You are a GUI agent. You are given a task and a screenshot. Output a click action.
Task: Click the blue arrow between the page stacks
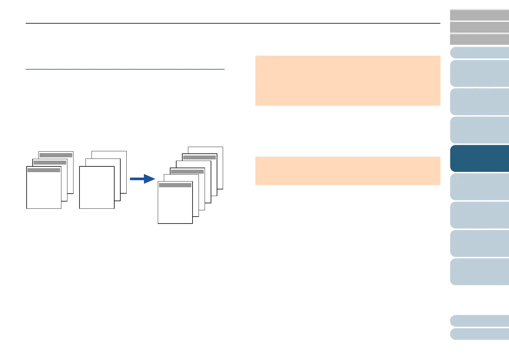(142, 179)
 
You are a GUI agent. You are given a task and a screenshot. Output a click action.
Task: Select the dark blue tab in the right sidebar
(479, 159)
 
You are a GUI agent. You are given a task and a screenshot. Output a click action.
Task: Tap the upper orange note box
(348, 80)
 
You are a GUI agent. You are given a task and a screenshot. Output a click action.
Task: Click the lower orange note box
(348, 171)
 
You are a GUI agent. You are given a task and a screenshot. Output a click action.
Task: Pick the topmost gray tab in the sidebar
(479, 15)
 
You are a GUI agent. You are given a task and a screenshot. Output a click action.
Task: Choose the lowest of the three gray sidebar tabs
(479, 39)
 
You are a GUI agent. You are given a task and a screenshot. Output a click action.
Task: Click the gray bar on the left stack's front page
(44, 170)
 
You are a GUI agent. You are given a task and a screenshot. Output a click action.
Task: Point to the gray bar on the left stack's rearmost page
(56, 155)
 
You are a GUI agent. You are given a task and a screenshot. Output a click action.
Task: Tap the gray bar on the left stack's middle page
(50, 163)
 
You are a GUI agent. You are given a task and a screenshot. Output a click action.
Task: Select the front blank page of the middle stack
(97, 188)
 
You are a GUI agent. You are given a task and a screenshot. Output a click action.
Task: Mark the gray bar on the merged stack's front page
(175, 185)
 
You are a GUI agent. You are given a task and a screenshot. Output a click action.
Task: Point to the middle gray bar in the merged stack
(187, 172)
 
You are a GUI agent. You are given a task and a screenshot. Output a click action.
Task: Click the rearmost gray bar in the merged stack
(199, 157)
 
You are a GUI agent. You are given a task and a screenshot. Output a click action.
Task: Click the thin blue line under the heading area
(125, 69)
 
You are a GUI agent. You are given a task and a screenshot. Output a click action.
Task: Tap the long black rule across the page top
(233, 23)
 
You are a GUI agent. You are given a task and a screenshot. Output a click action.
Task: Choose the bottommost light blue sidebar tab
(479, 334)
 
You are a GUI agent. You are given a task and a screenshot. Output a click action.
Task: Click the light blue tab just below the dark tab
(479, 187)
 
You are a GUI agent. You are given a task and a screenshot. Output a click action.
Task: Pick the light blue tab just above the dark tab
(479, 130)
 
